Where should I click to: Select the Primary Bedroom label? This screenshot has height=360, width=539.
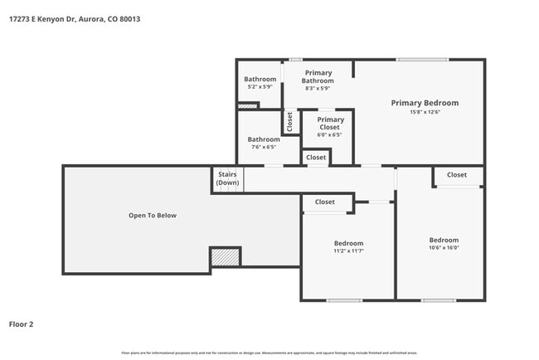(425, 103)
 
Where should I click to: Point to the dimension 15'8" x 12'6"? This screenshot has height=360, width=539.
(425, 113)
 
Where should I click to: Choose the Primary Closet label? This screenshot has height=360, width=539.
(330, 124)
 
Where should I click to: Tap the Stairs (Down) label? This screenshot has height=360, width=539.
(227, 178)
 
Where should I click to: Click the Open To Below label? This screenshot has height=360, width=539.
(152, 216)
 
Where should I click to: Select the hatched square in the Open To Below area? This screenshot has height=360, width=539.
(225, 257)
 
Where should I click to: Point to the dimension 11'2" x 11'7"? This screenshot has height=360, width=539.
(348, 252)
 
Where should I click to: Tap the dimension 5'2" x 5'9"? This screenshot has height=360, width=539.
(260, 87)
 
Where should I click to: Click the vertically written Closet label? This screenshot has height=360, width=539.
(289, 123)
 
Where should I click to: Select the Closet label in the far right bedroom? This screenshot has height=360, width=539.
(457, 175)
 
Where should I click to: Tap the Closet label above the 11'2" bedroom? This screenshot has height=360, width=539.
(324, 202)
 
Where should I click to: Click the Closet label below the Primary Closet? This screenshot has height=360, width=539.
(316, 157)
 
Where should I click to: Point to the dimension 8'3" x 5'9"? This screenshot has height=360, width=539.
(318, 88)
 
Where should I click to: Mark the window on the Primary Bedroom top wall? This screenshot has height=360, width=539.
(422, 60)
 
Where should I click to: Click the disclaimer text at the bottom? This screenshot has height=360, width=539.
(269, 353)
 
